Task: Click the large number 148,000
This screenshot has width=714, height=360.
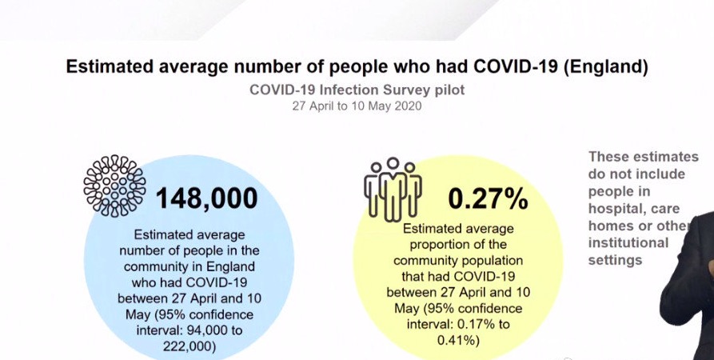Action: point(206,198)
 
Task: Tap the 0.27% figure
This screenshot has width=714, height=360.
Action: point(488,198)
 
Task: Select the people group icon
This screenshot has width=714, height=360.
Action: point(392,190)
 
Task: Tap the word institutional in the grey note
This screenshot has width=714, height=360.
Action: point(628,242)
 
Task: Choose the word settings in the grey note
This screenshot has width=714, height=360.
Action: point(615,260)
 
